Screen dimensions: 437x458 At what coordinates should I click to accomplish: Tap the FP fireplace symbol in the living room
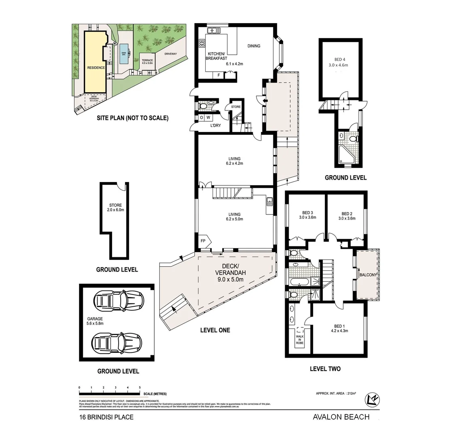click(x=203, y=240)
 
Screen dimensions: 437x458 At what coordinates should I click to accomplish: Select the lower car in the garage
click(x=117, y=342)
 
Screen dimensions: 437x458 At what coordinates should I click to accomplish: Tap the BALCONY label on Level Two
click(x=367, y=275)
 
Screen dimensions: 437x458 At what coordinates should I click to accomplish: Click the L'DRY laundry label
click(x=215, y=125)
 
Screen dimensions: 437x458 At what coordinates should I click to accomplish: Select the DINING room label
click(x=254, y=46)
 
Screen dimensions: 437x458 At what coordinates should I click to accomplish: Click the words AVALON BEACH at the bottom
click(x=341, y=417)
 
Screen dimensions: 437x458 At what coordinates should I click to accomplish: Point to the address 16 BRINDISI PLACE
click(x=106, y=417)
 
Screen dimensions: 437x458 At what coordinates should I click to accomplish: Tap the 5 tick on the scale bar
click(x=140, y=388)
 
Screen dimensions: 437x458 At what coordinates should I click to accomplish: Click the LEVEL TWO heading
click(x=325, y=369)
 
